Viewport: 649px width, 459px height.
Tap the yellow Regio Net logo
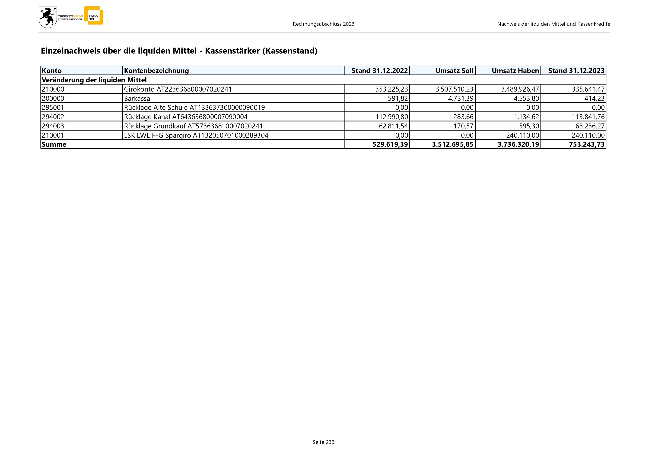(x=94, y=16)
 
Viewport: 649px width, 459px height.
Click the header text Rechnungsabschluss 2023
(x=323, y=24)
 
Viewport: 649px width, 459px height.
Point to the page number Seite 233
(x=323, y=442)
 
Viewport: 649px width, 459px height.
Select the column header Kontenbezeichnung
(x=156, y=71)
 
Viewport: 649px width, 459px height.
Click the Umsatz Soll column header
(x=454, y=71)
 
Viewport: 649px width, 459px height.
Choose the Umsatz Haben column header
(x=515, y=71)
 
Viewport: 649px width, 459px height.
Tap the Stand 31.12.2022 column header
(x=379, y=71)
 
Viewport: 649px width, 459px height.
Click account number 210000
(x=53, y=89)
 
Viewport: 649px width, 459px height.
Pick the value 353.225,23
(x=391, y=89)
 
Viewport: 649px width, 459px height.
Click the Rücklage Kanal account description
(x=185, y=117)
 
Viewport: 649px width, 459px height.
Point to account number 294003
(x=53, y=126)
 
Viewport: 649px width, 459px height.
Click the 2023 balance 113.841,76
(x=588, y=117)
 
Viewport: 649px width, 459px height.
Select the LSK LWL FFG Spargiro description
(x=196, y=135)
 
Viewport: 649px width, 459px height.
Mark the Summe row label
(x=54, y=144)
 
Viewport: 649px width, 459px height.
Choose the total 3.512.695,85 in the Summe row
(x=452, y=144)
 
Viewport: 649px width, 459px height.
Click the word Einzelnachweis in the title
(x=70, y=51)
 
